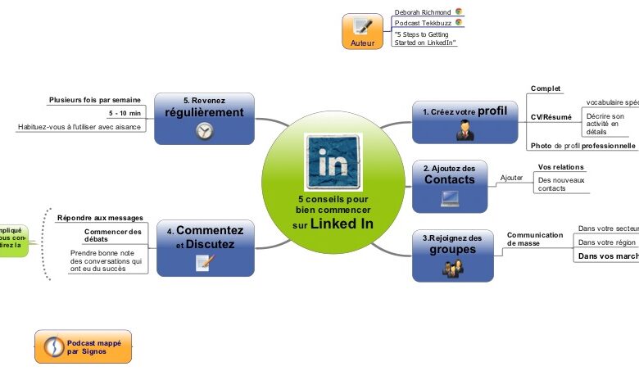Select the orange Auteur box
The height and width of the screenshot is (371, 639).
coord(362,31)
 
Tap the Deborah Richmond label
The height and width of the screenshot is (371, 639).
coord(423,12)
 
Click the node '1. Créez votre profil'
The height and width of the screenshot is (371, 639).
coord(465,120)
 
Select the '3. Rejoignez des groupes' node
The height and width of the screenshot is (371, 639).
coord(452,255)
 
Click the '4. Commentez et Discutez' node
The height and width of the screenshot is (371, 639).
coord(205,246)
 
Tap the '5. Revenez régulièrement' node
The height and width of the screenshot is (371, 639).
coord(204,119)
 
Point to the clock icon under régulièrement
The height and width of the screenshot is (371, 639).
coord(205,131)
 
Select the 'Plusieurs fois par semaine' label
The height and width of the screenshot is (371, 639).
coord(94,100)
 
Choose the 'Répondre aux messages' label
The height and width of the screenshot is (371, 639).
coord(100,218)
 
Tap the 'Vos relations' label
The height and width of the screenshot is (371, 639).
coord(560,167)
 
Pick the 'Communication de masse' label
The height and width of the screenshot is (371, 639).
coord(535,238)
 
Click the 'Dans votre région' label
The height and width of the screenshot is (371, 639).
coord(607,242)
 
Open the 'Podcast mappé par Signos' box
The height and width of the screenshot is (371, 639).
coord(83,346)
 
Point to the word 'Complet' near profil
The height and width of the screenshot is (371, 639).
coord(546,88)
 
